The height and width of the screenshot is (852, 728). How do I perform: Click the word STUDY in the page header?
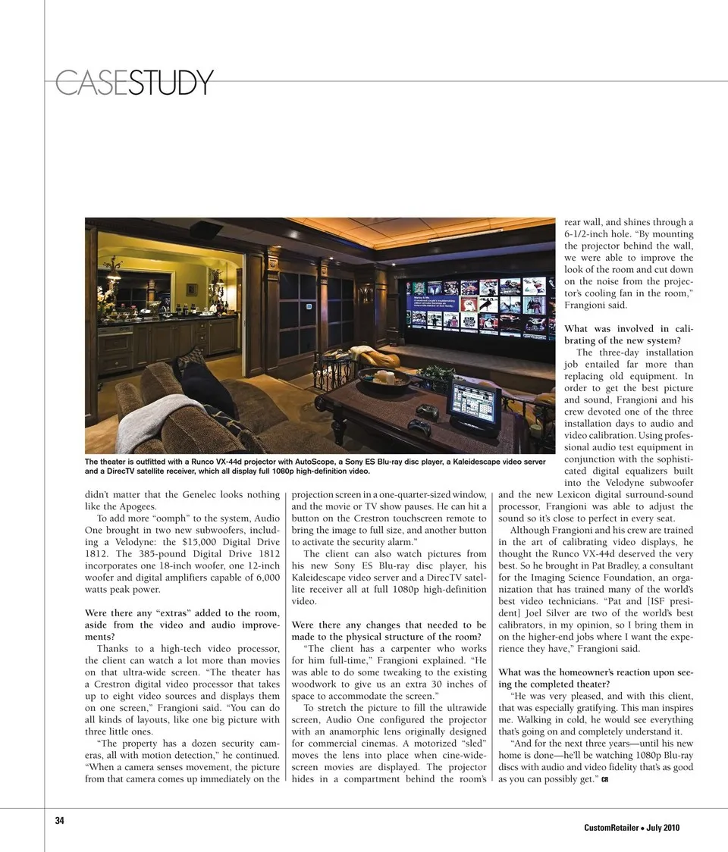[171, 83]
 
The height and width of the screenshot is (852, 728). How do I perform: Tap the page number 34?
[59, 820]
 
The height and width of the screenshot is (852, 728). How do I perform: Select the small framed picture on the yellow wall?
[192, 290]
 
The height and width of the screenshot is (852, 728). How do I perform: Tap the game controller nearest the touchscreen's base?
[419, 426]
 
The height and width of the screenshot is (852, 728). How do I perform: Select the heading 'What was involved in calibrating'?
[629, 334]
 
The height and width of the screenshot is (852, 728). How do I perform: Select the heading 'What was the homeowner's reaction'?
[595, 678]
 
